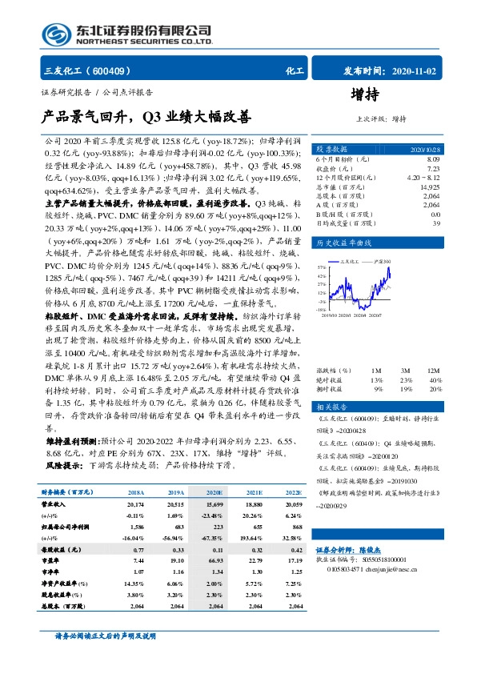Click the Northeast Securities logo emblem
pos(56,34)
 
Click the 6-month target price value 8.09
pos(433,159)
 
